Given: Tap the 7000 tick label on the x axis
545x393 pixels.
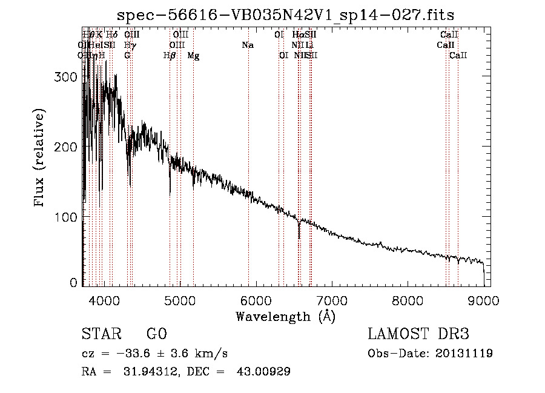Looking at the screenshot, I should tap(332, 299).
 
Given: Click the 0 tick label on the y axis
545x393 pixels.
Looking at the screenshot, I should tap(73, 282).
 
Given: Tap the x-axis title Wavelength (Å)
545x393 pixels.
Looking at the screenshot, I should tap(285, 316).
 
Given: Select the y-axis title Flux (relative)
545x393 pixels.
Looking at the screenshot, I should tap(41, 159).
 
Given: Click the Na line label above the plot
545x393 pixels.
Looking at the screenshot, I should tap(247, 45).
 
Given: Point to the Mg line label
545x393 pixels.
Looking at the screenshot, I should tap(193, 56).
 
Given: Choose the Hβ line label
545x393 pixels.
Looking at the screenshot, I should tap(170, 56).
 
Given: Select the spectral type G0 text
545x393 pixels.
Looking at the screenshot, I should tap(156, 334).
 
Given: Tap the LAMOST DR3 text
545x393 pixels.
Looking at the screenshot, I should tap(418, 334).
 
